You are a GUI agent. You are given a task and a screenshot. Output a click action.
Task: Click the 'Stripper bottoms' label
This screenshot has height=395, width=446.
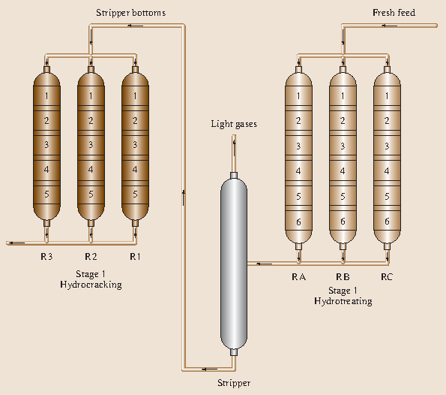tap(130, 13)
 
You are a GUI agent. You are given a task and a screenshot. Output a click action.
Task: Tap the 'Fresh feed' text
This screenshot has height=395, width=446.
tap(394, 13)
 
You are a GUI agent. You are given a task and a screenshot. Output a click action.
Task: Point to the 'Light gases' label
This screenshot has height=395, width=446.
tap(233, 124)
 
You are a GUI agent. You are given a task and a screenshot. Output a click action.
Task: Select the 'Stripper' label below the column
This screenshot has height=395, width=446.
tap(233, 382)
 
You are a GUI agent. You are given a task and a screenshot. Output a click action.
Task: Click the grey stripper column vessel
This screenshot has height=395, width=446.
tap(233, 263)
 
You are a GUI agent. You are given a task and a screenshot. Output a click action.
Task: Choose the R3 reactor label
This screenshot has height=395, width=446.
tap(47, 257)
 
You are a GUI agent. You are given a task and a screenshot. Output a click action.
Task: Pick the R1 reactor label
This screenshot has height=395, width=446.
tap(135, 257)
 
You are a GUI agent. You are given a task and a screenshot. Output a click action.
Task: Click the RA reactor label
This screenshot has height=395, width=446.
tap(298, 277)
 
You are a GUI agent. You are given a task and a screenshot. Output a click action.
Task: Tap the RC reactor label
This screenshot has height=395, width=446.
tap(387, 277)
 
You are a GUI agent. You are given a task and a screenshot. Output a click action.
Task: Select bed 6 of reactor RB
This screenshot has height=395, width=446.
tap(343, 222)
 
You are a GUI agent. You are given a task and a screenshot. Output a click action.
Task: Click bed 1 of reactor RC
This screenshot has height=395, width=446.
tap(387, 95)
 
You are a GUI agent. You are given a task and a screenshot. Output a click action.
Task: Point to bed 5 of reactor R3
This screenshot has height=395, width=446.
tap(47, 194)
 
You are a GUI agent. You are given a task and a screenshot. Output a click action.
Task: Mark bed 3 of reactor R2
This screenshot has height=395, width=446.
tap(91, 145)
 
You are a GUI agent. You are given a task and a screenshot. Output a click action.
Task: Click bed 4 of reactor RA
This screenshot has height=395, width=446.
tap(298, 171)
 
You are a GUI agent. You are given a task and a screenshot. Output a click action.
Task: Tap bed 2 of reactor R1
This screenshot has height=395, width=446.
tap(135, 120)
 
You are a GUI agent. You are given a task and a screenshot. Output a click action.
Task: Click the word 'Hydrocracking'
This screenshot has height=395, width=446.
tap(91, 285)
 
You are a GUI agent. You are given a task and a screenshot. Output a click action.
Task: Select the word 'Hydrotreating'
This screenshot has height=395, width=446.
tap(343, 301)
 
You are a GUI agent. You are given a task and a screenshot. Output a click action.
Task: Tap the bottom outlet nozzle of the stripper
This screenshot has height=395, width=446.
tap(233, 353)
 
